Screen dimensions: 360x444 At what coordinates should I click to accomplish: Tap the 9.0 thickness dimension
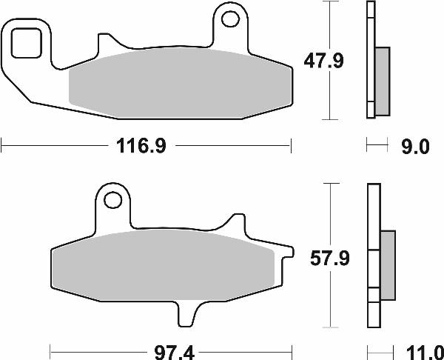[x=414, y=147]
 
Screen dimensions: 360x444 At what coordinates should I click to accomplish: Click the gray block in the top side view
[x=383, y=81]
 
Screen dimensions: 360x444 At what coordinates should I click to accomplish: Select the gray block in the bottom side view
[x=387, y=266]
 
